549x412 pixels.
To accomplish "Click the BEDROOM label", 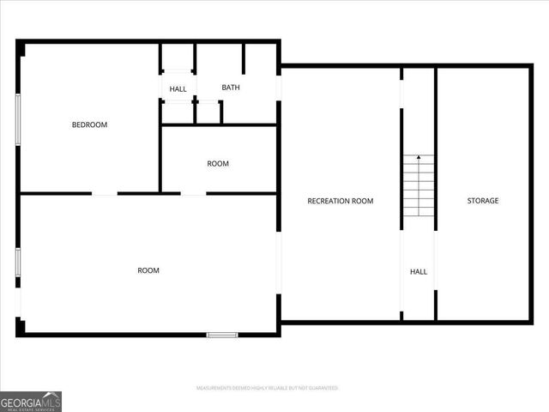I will tap(89, 125).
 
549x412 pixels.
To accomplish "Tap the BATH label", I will tap(231, 88).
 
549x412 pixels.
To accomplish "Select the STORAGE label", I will tap(482, 201).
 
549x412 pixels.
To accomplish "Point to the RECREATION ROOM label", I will tap(341, 201).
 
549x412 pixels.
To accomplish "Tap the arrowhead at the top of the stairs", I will tap(419, 157).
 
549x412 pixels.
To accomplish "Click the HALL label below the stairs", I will tap(419, 272).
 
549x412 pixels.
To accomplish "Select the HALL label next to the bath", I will tap(178, 89).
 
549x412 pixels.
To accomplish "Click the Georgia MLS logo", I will tap(31, 401).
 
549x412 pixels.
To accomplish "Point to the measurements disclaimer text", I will tap(268, 388).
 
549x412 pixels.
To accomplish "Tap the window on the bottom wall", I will tap(222, 334).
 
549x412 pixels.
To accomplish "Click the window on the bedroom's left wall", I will tap(18, 119).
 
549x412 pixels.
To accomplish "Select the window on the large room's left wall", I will tap(18, 262).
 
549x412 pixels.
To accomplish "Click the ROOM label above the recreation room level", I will tap(218, 164).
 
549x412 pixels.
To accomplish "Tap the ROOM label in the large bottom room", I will tap(148, 270).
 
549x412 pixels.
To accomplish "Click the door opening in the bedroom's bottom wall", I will tap(105, 194).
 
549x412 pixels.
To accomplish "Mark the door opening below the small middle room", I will tap(194, 194).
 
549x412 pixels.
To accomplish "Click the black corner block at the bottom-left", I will tap(21, 327).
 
